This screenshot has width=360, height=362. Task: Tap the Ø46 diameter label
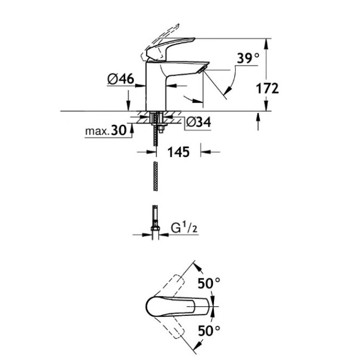pyautogui.click(x=120, y=80)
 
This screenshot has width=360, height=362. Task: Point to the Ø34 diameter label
pyautogui.click(x=197, y=122)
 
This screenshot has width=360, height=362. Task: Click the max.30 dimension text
pyautogui.click(x=104, y=131)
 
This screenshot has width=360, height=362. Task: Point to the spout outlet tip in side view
pyautogui.click(x=202, y=68)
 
